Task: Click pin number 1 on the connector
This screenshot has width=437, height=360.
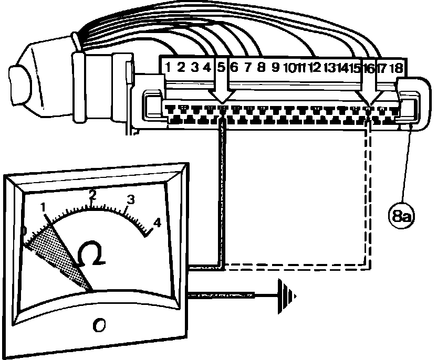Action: [x=168, y=67]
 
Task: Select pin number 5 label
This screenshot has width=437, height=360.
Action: [x=221, y=67]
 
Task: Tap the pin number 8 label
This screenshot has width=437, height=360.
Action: [x=261, y=67]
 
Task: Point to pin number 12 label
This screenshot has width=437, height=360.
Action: [x=314, y=67]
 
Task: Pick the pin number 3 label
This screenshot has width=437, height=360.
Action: [x=195, y=67]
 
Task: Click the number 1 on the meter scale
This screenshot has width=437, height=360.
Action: [x=44, y=207]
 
